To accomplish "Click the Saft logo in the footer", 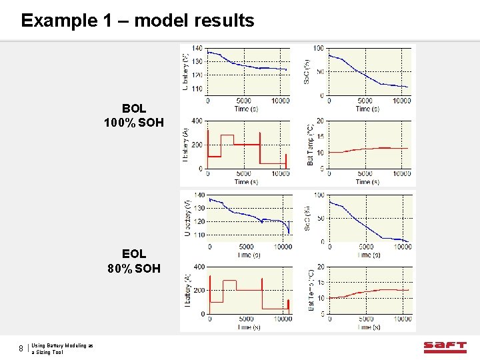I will pos(445,347).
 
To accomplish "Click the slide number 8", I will pos(21,348).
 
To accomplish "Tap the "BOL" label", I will pos(134,108).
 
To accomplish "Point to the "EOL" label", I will pos(134,254).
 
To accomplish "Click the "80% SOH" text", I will pos(134,269).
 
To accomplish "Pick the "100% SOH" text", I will pos(134,123).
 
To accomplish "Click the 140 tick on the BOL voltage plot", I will pos(198,49).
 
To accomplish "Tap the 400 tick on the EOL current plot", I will pos(198,267).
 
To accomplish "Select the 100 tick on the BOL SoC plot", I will pos(319,49).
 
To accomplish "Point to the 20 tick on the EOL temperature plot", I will pos(320,267).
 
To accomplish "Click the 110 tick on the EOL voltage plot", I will pos(198,235).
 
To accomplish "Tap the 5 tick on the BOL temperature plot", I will pos(321,169).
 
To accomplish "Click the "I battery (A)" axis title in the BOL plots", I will pos(185,145).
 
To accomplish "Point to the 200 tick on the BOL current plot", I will pos(198,145).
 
